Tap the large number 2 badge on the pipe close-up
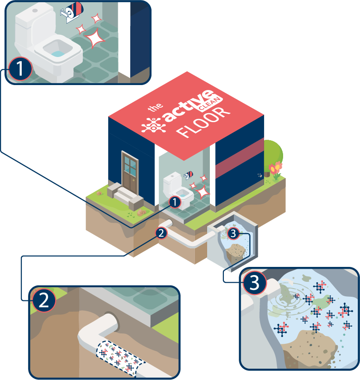(x=43, y=301)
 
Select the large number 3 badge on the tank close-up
(x=255, y=284)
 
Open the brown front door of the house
(x=130, y=173)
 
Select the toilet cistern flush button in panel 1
(x=35, y=9)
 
